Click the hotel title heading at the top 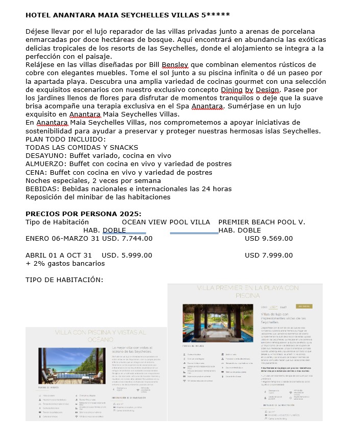click(121, 15)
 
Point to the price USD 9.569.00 click(269, 238)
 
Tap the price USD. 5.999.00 click(127, 255)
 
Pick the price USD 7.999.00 click(269, 255)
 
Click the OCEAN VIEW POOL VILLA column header click(166, 222)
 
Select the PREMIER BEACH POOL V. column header click(261, 222)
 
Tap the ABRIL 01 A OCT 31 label click(59, 255)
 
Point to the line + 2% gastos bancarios click(65, 263)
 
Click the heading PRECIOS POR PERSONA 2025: click(83, 214)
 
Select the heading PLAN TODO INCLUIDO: click(66, 139)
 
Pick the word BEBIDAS click(41, 189)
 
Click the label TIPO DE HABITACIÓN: click(64, 280)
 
